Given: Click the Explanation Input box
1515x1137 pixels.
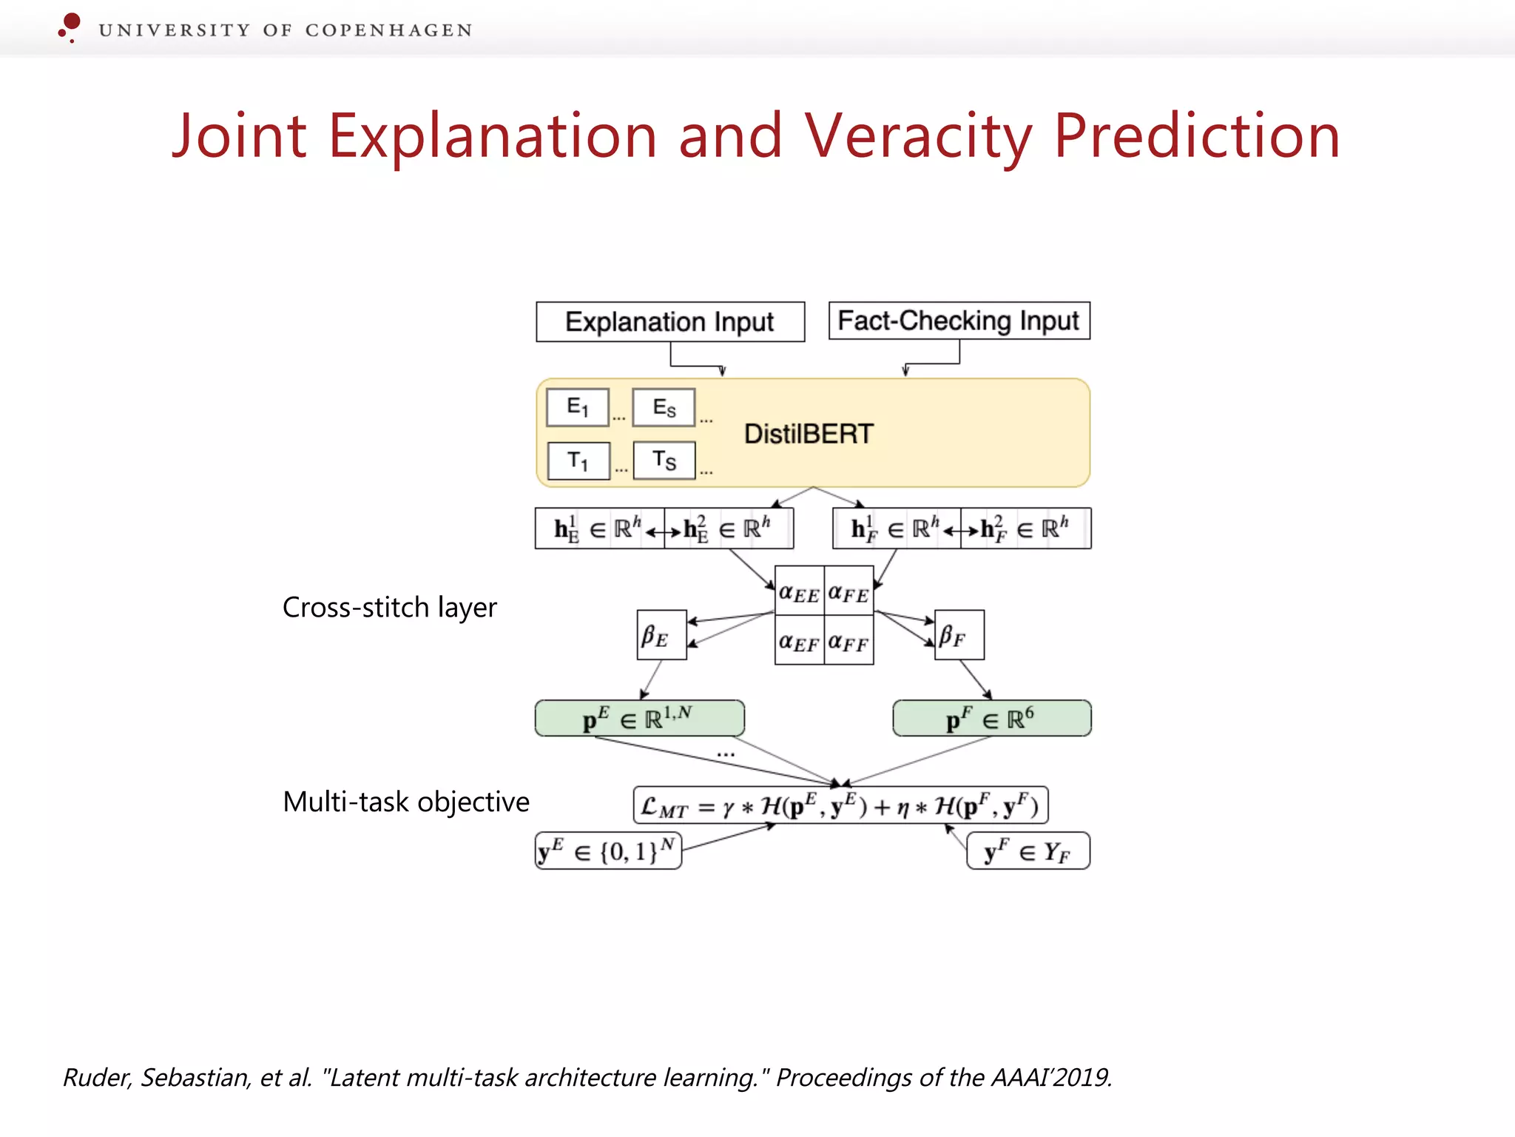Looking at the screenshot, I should click(669, 322).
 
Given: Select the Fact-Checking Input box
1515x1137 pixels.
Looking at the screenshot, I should click(959, 321).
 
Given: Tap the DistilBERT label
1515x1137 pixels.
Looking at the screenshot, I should click(809, 434).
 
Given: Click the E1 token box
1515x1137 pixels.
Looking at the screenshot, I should click(578, 407).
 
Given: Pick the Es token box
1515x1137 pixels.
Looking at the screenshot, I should click(664, 407).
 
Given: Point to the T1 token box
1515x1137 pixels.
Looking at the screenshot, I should click(578, 460).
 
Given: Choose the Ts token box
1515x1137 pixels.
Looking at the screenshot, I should click(664, 460).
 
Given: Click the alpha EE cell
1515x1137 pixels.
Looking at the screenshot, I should click(799, 591).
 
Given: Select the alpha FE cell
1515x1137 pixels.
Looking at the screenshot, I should click(848, 591).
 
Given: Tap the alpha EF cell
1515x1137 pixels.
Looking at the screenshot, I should click(799, 640).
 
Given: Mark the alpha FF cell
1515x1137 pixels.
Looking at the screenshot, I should click(848, 640).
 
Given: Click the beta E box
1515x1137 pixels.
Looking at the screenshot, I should click(661, 635).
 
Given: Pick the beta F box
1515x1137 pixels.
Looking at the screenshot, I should click(959, 635).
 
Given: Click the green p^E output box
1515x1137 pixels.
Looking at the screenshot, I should click(639, 718).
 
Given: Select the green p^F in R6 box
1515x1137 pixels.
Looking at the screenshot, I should click(991, 718).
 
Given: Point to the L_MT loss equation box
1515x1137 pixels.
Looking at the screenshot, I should click(840, 805).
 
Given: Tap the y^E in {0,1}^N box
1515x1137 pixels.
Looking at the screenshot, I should click(607, 851).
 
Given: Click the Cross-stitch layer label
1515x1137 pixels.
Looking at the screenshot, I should click(389, 607).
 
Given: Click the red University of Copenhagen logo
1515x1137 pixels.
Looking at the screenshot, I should click(70, 27).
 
